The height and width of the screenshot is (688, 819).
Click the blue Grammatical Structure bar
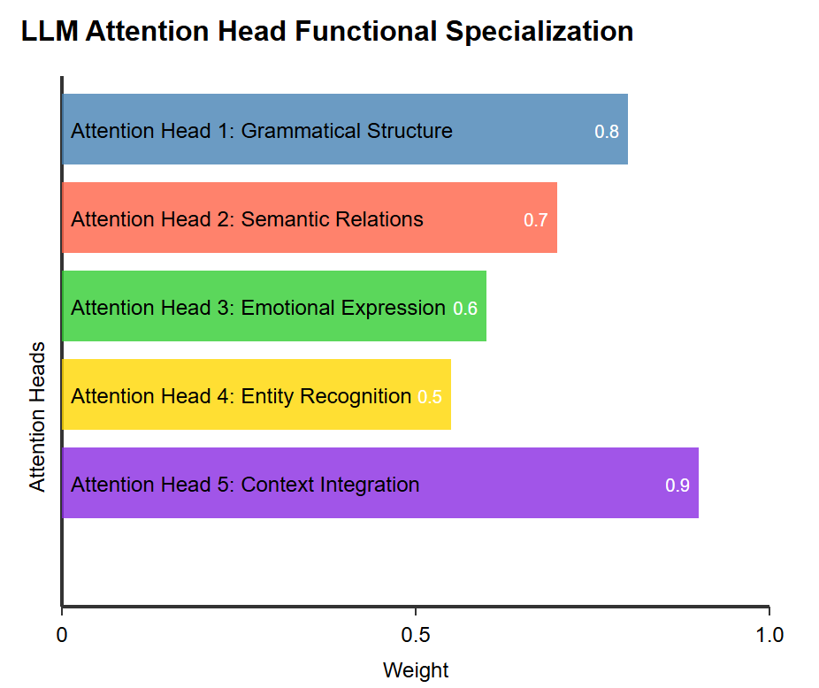[x=345, y=129]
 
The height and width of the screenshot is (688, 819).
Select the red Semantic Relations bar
[x=310, y=218]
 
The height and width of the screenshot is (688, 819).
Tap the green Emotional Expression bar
[x=274, y=306]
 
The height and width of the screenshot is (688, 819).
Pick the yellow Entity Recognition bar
[x=256, y=394]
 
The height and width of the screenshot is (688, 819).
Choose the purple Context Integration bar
[x=380, y=483]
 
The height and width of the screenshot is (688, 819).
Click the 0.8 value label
[x=607, y=132]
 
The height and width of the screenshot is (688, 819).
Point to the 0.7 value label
[x=535, y=220]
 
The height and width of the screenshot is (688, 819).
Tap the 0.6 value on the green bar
[x=465, y=309]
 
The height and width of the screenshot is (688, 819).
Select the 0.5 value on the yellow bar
[x=429, y=397]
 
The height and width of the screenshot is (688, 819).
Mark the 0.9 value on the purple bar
[x=677, y=485]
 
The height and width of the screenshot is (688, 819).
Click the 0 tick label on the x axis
[x=62, y=635]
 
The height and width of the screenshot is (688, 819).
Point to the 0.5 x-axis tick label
[x=416, y=635]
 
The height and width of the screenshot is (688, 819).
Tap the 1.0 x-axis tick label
[x=769, y=635]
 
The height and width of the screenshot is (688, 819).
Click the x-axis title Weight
[x=416, y=670]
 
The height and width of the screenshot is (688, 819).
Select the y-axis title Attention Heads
[x=37, y=417]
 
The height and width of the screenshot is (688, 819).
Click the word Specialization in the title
[x=539, y=31]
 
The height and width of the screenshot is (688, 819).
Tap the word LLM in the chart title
[x=50, y=31]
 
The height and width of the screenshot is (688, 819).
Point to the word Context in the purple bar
[x=278, y=485]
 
